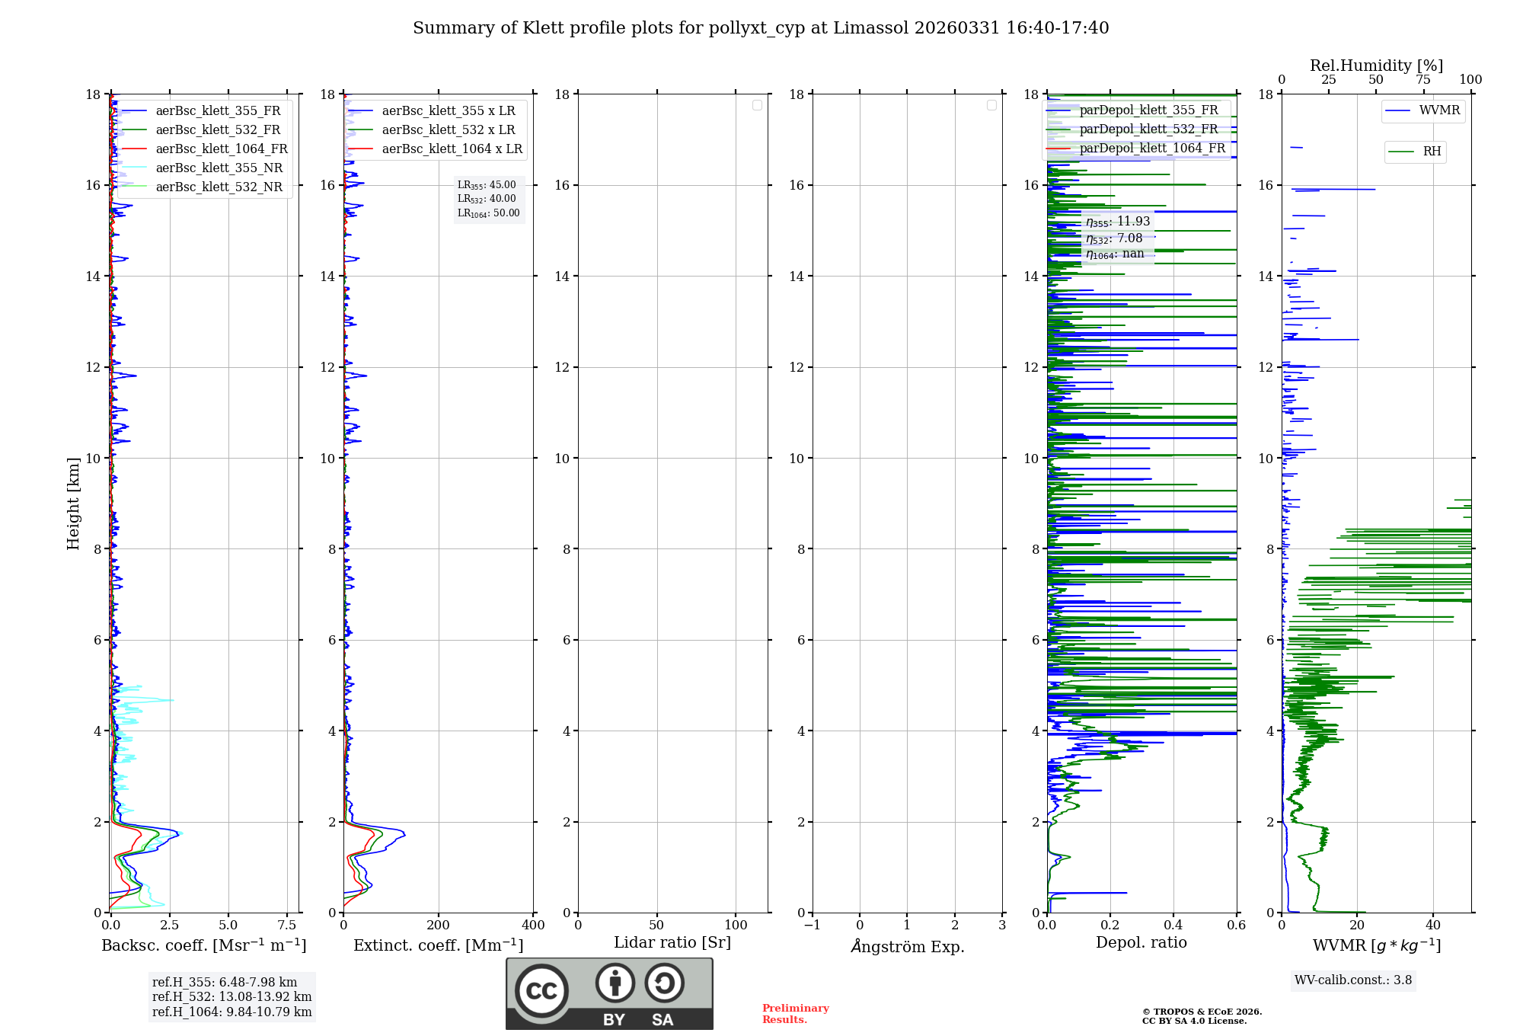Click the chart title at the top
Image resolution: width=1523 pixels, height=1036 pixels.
(x=761, y=28)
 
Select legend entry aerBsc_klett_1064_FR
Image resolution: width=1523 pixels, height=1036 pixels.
(x=221, y=149)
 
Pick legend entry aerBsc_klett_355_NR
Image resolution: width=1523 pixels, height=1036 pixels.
(x=219, y=168)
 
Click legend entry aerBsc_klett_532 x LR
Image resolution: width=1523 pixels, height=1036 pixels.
(x=448, y=129)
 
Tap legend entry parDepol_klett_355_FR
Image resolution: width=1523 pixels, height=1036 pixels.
(x=1148, y=110)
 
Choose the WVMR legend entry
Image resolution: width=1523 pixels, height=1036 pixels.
(x=1439, y=110)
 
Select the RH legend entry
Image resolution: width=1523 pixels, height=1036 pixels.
(x=1432, y=152)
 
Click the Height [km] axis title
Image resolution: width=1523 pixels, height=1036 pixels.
(x=73, y=503)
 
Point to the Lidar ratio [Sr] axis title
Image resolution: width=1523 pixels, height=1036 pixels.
(x=672, y=942)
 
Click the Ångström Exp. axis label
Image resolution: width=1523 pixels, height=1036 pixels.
(x=907, y=946)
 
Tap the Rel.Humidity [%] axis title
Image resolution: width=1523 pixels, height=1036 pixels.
(x=1376, y=66)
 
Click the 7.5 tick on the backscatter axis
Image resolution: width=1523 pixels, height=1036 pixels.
(x=287, y=926)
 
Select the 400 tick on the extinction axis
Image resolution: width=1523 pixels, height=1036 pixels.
(x=533, y=926)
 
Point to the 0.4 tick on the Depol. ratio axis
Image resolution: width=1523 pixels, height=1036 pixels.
(x=1173, y=926)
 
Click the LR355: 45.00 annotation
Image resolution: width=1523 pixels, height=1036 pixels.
(x=487, y=185)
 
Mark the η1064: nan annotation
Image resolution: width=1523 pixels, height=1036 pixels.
(x=1115, y=254)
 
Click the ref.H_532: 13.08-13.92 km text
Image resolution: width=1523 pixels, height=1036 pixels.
(x=231, y=996)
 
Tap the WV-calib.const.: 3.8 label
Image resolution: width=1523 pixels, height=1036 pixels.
(x=1353, y=980)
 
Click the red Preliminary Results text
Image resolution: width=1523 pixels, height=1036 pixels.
(x=795, y=1014)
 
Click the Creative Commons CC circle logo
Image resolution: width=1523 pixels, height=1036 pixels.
(x=541, y=990)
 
